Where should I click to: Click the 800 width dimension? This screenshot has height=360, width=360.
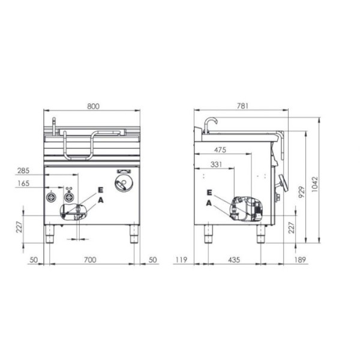coord(93,106)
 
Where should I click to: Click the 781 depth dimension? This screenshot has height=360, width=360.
coord(242,106)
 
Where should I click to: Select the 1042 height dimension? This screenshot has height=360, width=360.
coord(315,184)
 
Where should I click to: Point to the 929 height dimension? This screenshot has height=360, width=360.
coord(302,192)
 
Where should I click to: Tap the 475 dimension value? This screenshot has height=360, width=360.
coord(220,150)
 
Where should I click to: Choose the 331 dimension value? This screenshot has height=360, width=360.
coord(216,164)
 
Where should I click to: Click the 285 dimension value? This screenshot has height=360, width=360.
coord(23,170)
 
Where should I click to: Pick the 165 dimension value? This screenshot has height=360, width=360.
coord(23,183)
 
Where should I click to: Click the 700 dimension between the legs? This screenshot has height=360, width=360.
coord(90,260)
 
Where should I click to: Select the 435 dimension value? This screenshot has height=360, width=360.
coord(234,260)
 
